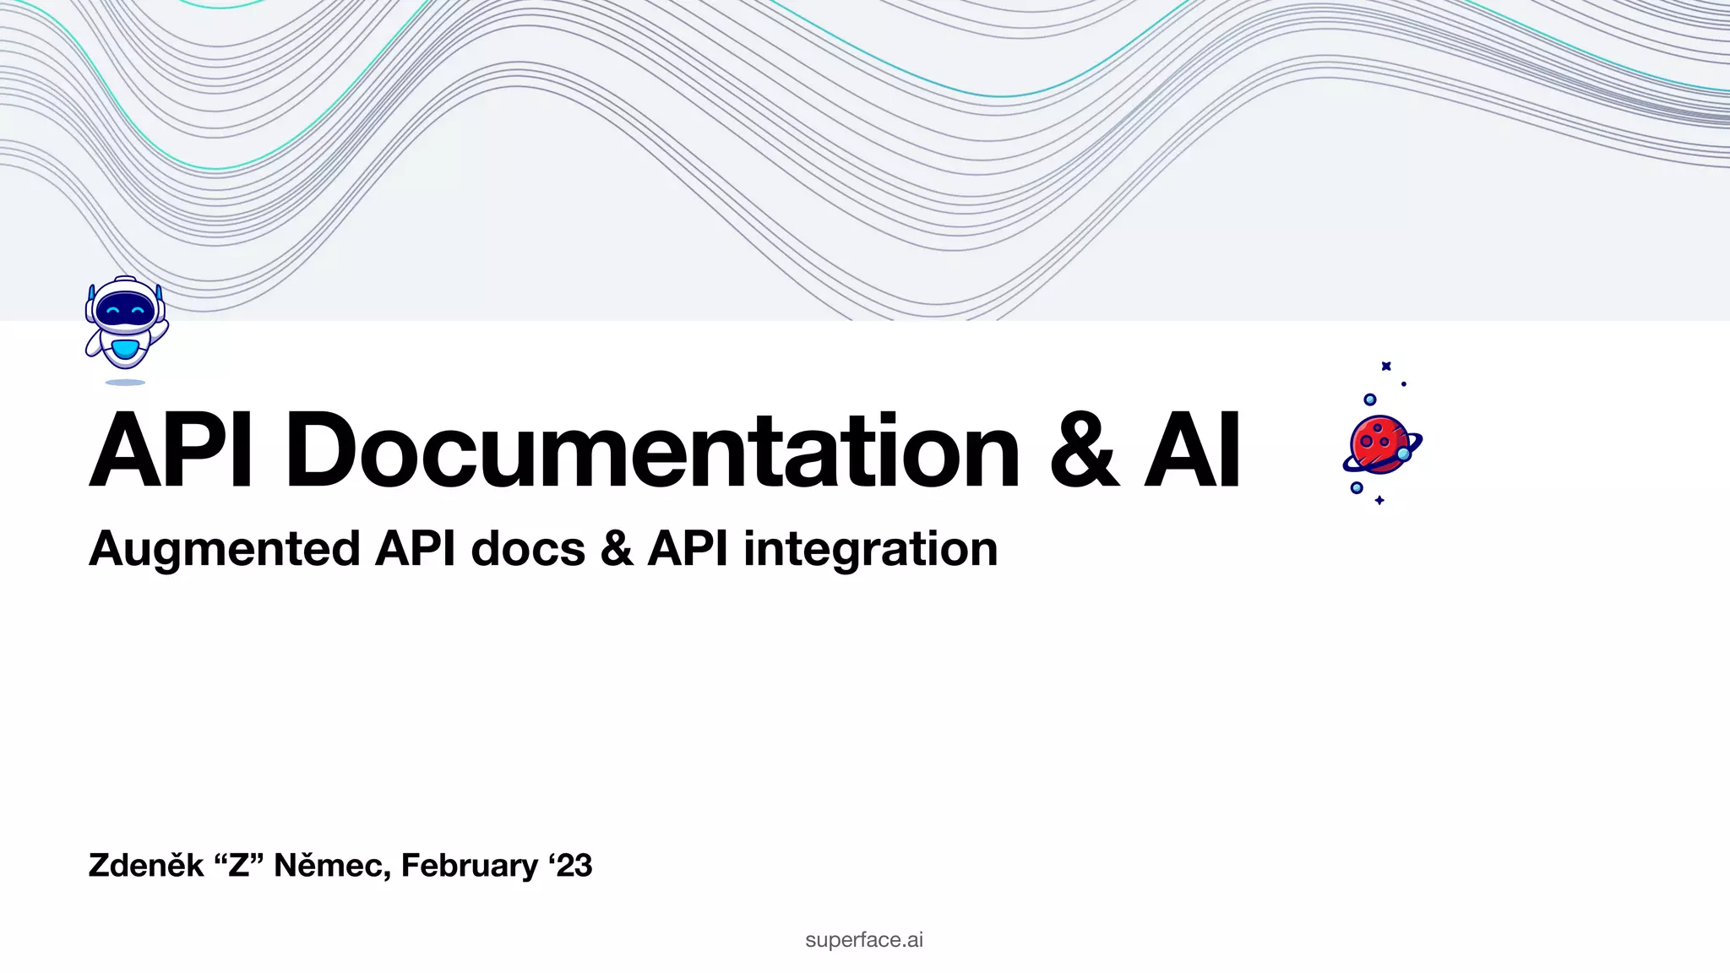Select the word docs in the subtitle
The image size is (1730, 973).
pos(528,549)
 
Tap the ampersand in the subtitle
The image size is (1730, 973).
pos(617,549)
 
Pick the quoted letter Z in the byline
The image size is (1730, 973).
pos(239,866)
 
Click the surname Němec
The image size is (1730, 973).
pos(332,866)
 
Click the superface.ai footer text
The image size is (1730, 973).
pos(864,940)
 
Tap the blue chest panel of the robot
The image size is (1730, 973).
pos(125,348)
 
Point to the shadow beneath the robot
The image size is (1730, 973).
pos(125,383)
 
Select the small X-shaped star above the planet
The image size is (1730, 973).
pos(1386,366)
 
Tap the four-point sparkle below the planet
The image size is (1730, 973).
pos(1379,501)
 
